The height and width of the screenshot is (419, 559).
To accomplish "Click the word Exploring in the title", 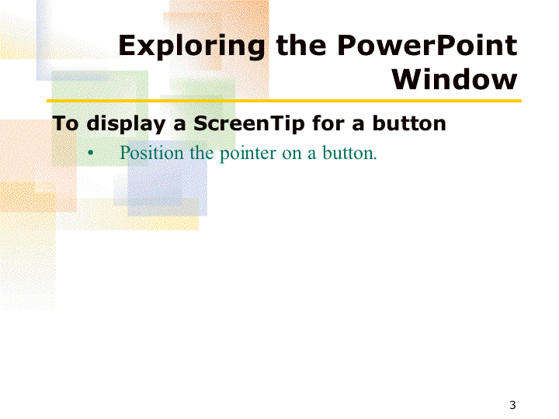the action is pyautogui.click(x=192, y=47).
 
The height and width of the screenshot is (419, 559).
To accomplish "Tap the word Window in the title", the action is pyautogui.click(x=454, y=79).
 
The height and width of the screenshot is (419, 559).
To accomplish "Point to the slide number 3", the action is pyautogui.click(x=512, y=405).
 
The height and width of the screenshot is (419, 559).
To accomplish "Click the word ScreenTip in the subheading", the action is pyautogui.click(x=249, y=123).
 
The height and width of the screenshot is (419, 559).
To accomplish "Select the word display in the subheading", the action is pyautogui.click(x=126, y=123).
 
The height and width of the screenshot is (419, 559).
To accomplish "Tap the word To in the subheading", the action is pyautogui.click(x=65, y=123).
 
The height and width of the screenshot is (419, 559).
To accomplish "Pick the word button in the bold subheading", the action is pyautogui.click(x=409, y=123).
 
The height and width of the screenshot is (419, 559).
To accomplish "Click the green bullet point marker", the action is pyautogui.click(x=91, y=153).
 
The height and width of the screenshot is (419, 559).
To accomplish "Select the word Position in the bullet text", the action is pyautogui.click(x=151, y=153).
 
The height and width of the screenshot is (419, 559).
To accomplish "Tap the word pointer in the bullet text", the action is pyautogui.click(x=248, y=154).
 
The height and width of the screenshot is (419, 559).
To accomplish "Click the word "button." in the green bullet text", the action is pyautogui.click(x=349, y=153).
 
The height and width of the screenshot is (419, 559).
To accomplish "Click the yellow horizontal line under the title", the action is pyautogui.click(x=284, y=101).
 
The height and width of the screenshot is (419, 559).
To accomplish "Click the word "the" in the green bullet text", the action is pyautogui.click(x=201, y=153).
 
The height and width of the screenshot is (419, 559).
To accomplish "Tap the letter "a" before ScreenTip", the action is pyautogui.click(x=179, y=125).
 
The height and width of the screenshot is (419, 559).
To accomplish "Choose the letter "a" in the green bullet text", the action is pyautogui.click(x=311, y=154).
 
